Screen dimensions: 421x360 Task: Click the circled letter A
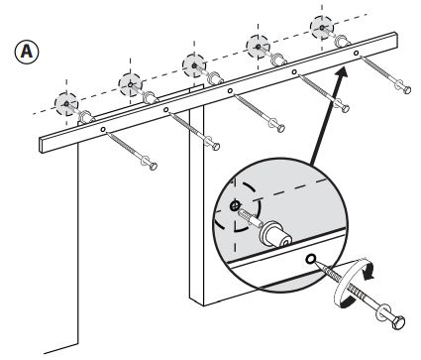click(27, 52)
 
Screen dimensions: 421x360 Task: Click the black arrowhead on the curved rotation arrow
click(368, 273)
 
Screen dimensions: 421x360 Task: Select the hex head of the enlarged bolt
click(398, 322)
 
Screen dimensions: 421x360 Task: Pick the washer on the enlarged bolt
click(381, 312)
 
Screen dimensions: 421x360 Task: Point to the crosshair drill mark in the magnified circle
click(235, 205)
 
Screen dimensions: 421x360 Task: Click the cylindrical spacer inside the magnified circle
click(275, 235)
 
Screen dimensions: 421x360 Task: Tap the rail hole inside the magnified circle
click(310, 259)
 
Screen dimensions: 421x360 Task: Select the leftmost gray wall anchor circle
click(66, 104)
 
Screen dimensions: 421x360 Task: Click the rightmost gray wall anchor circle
click(322, 28)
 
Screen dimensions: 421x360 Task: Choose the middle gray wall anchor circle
click(194, 65)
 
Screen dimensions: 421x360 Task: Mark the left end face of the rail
click(42, 146)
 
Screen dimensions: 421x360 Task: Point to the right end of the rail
click(395, 40)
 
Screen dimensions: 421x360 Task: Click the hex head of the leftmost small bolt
click(153, 166)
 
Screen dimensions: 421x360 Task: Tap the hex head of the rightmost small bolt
click(407, 89)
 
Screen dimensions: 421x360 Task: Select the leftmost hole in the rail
click(103, 129)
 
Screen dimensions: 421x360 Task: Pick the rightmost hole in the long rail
click(356, 53)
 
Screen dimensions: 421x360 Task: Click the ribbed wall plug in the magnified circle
click(251, 218)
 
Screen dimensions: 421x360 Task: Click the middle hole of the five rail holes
click(230, 90)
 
